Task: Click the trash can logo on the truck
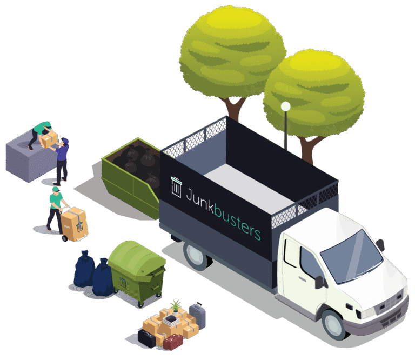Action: (176, 186)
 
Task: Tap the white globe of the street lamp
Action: (285, 106)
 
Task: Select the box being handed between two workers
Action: (48, 140)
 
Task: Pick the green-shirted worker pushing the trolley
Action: (56, 208)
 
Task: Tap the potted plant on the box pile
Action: (176, 308)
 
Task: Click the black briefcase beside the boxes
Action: (146, 338)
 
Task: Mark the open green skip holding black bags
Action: (130, 173)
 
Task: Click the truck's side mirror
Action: (318, 281)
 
